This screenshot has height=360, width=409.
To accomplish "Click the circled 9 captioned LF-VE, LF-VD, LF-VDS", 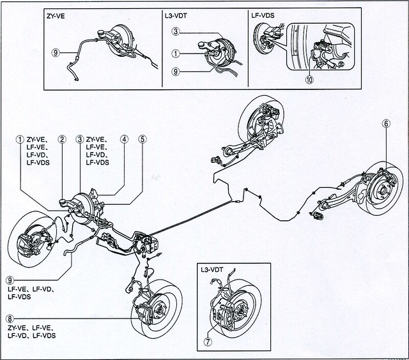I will [x=10, y=279].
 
